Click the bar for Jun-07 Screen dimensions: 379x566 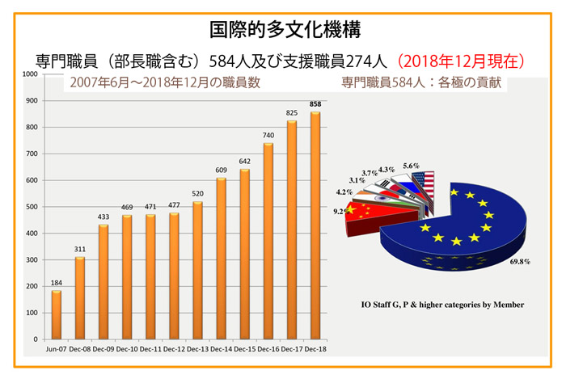coord(55,314)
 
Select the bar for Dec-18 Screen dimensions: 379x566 coord(315,225)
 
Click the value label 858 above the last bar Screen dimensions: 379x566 coord(315,105)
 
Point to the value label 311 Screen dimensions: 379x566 coord(79,250)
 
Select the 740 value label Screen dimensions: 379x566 coord(268,136)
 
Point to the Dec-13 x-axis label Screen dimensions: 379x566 coord(197,348)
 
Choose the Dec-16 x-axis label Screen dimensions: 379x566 coord(268,348)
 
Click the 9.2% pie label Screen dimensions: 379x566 coord(342,212)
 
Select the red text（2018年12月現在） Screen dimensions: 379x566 coord(463,61)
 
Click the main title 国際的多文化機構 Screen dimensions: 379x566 coord(284,30)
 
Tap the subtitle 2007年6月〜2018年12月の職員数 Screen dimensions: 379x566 coord(165,82)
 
